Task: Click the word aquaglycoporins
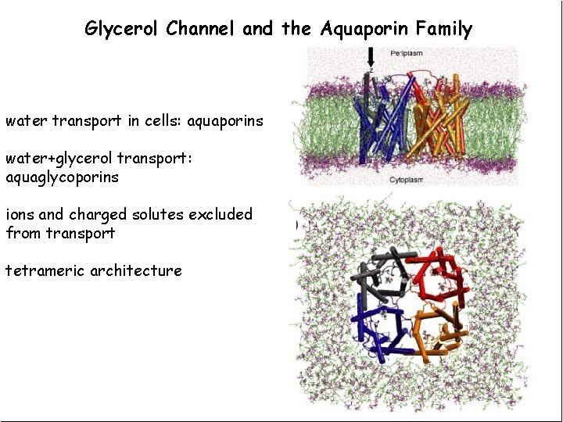(63, 177)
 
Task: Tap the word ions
(20, 214)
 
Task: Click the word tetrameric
(45, 270)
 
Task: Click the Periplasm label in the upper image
(407, 53)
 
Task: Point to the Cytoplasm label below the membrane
(406, 180)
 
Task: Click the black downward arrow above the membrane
(371, 57)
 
